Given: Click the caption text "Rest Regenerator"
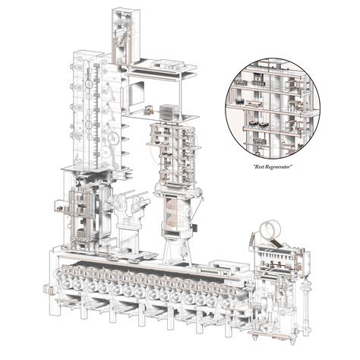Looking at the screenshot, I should pos(272,164).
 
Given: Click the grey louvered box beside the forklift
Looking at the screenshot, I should pos(168,112).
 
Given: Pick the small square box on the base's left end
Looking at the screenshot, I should pos(51,289).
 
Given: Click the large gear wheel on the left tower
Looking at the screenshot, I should pos(112,139).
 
